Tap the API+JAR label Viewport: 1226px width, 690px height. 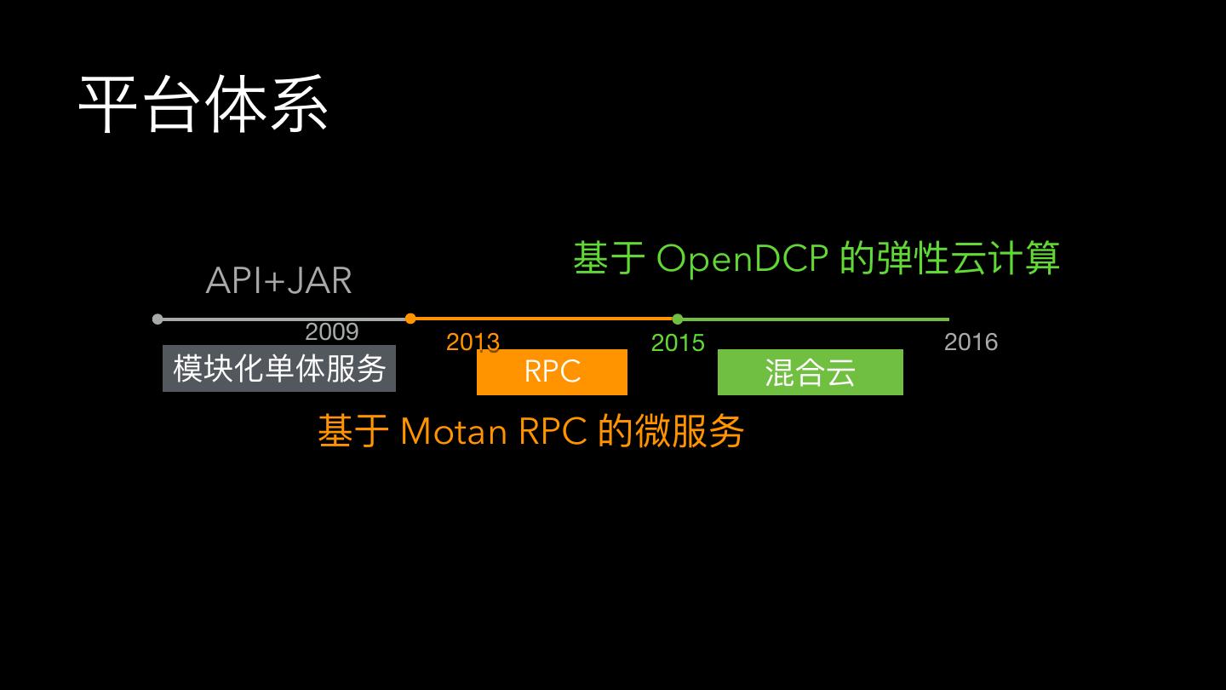click(x=279, y=281)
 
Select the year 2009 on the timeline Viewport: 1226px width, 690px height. click(x=332, y=331)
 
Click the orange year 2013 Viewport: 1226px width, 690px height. click(x=473, y=342)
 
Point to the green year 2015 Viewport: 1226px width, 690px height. click(x=678, y=342)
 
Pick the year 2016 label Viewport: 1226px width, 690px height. click(x=971, y=342)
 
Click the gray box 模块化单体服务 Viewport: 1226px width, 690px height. click(x=279, y=368)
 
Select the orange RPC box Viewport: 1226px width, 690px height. click(x=552, y=372)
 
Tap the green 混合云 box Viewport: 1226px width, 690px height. click(x=810, y=372)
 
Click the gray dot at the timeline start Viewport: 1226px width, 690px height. click(x=158, y=319)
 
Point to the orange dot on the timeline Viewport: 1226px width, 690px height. click(x=410, y=319)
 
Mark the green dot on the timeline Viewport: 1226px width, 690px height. click(x=678, y=319)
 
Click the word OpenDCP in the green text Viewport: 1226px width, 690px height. click(x=742, y=258)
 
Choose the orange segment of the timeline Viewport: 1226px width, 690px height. click(x=545, y=319)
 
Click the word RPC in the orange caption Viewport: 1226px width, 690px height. click(x=553, y=431)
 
